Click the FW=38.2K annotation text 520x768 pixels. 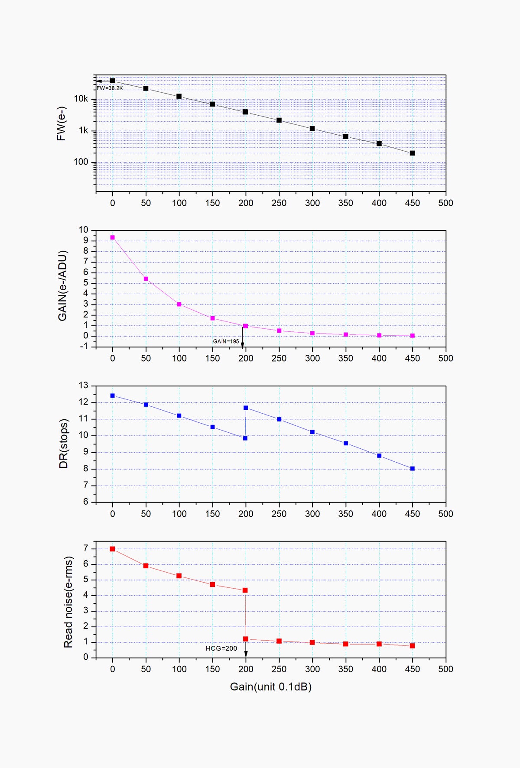coord(110,88)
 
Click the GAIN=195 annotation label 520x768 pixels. coord(226,341)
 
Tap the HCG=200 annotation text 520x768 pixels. coord(221,648)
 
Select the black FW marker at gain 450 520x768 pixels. coord(412,153)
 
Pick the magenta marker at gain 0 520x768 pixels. coord(113,237)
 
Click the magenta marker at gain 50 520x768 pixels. coord(146,279)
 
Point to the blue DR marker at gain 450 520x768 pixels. coord(412,469)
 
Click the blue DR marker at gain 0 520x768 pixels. coord(113,395)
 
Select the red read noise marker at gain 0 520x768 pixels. coord(113,549)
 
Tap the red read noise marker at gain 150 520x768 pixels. coord(212,585)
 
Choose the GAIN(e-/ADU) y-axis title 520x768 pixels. coord(63,285)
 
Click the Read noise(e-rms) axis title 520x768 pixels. coord(68,602)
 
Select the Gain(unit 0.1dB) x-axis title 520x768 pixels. coord(271,687)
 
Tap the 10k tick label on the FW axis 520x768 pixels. coord(81,99)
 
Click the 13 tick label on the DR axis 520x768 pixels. coord(83,386)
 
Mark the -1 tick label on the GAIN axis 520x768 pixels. coord(83,347)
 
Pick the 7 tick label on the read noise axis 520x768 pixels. coord(86,549)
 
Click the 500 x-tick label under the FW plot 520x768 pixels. coord(445,203)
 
